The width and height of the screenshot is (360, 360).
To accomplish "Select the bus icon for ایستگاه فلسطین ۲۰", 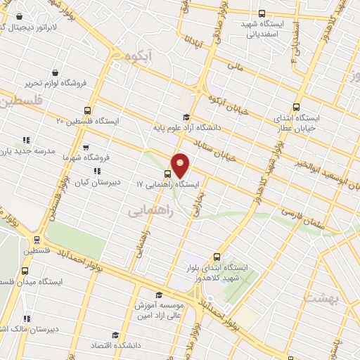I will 87,110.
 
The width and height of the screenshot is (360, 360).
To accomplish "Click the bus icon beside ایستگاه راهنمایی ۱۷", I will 167,173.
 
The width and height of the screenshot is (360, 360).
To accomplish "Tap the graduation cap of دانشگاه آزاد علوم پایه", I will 186,117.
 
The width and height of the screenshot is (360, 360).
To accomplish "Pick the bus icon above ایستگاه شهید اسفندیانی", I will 262,13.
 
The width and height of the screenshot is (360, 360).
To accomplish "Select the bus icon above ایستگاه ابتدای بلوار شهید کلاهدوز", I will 216,257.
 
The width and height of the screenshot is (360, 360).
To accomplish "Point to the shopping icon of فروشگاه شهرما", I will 85,148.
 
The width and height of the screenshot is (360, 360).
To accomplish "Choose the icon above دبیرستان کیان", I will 97,170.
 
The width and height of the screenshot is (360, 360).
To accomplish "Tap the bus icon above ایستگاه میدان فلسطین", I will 26,271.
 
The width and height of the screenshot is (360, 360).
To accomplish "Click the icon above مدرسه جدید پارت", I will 27,140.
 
